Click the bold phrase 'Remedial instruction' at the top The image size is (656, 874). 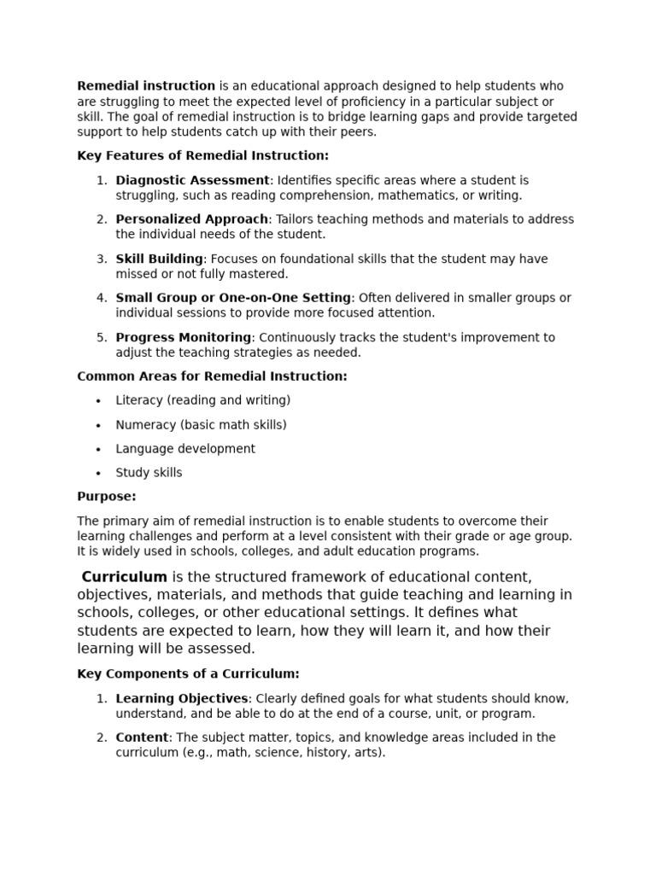(146, 86)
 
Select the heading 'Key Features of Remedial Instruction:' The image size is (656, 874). (202, 155)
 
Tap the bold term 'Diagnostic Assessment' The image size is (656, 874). (192, 180)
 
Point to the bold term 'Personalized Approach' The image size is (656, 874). (191, 219)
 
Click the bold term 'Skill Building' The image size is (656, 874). (159, 259)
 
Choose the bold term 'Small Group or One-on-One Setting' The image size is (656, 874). (233, 298)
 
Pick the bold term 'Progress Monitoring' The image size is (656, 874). (184, 337)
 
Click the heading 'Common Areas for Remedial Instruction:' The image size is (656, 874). (212, 376)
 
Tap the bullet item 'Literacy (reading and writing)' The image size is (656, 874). (203, 400)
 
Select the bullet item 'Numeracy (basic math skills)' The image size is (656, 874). (201, 425)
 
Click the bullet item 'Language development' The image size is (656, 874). (185, 449)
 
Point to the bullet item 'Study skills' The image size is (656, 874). (149, 473)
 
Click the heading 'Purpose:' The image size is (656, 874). (107, 497)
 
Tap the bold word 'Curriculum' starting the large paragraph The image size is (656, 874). (125, 577)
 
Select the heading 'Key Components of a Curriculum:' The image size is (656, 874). (188, 674)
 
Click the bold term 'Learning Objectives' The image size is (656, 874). (181, 698)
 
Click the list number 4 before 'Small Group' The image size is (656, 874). (101, 298)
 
